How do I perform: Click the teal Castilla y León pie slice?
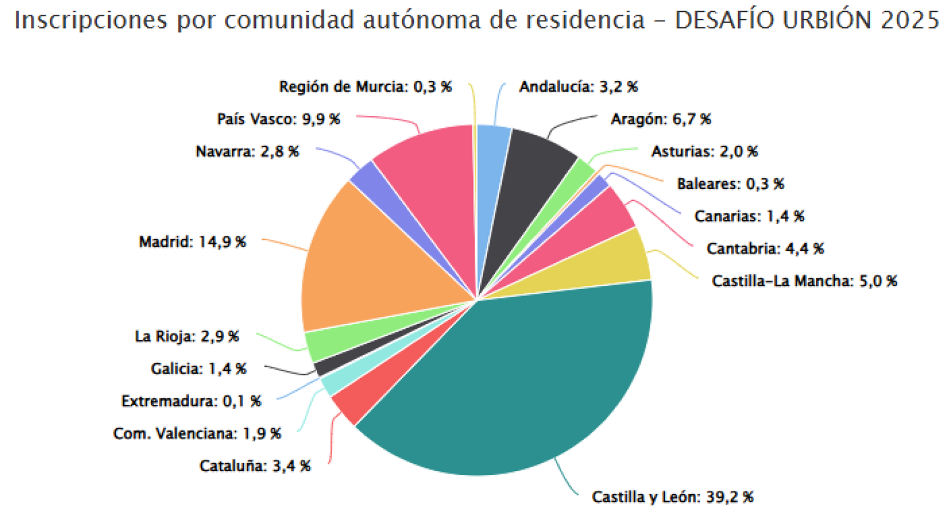click(523, 381)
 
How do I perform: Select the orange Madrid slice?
click(369, 268)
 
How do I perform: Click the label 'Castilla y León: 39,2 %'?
click(672, 497)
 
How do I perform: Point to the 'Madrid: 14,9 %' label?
click(192, 242)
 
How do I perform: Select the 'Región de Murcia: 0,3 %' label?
click(365, 87)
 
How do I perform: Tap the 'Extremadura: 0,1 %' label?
click(191, 401)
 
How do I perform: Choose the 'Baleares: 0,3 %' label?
click(730, 184)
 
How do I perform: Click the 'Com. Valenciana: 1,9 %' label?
click(197, 433)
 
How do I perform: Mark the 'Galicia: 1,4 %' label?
click(198, 369)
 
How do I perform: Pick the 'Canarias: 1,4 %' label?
click(749, 216)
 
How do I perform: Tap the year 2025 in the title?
click(909, 20)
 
